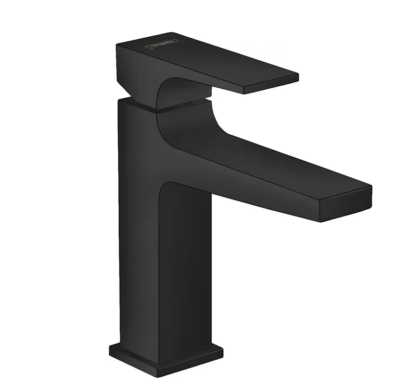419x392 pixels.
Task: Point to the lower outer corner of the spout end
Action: point(320,220)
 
